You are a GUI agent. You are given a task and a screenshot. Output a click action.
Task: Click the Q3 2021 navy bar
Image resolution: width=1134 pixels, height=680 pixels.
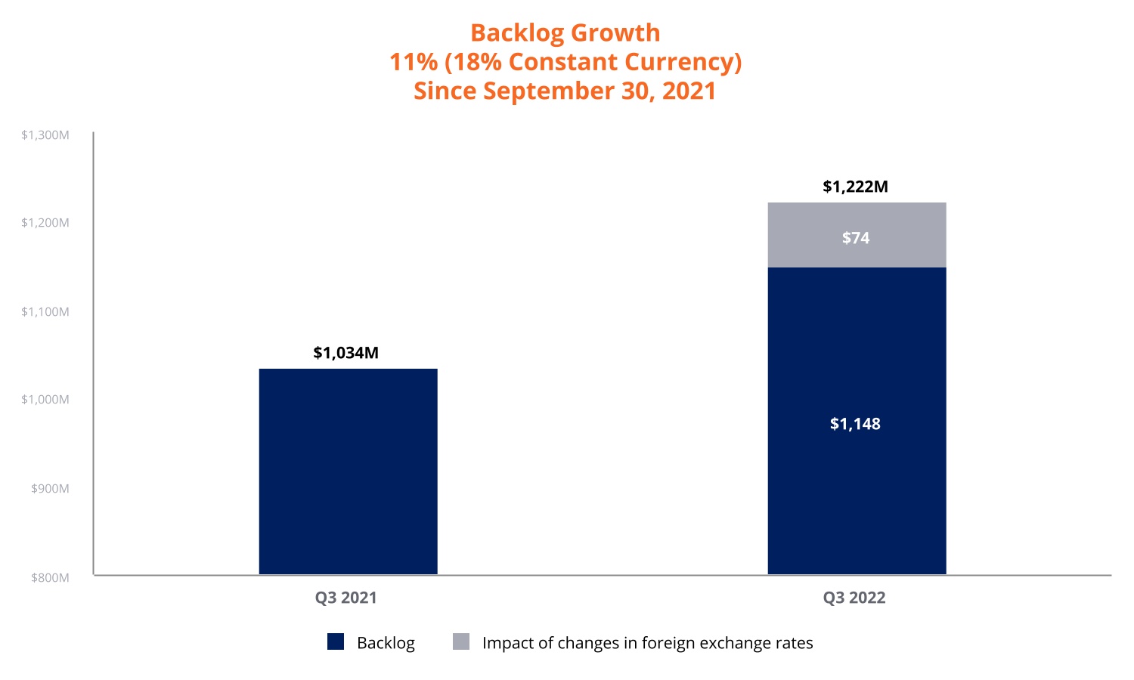pos(348,471)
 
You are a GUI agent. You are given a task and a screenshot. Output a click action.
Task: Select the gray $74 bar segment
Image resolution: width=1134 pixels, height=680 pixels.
pos(857,235)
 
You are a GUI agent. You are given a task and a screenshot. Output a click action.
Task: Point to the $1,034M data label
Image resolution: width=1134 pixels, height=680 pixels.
pos(345,353)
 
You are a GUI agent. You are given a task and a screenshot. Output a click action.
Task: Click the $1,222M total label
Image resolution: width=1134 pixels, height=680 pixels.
pos(855,187)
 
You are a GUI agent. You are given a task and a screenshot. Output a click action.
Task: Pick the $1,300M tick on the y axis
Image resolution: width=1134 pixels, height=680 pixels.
pos(45,135)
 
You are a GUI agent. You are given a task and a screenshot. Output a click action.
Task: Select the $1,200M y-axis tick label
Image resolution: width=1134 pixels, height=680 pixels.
pos(45,223)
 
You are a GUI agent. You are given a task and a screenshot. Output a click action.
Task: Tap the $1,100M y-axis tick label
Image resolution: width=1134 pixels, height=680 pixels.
pos(45,311)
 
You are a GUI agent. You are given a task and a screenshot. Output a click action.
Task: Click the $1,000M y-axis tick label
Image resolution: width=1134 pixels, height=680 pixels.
pos(45,400)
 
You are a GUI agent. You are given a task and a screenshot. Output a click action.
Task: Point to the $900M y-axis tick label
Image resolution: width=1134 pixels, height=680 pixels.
pos(50,489)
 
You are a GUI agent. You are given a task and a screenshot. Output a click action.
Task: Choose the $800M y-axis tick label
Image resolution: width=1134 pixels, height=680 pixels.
pos(50,578)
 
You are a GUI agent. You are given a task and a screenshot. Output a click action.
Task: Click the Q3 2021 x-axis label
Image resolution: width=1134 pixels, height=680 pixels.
pos(345,598)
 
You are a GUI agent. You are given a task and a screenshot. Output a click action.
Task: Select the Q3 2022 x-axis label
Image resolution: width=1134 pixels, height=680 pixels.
pos(854,598)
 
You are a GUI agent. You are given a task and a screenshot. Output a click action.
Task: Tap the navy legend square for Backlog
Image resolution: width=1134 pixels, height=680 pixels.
pos(336,642)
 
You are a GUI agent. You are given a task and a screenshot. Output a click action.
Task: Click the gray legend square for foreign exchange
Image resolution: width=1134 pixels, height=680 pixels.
pos(461,642)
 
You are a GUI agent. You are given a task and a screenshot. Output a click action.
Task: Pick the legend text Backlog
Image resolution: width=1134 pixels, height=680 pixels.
pos(386,643)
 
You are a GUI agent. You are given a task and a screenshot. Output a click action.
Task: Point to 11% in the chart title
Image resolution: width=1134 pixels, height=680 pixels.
pos(413,62)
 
